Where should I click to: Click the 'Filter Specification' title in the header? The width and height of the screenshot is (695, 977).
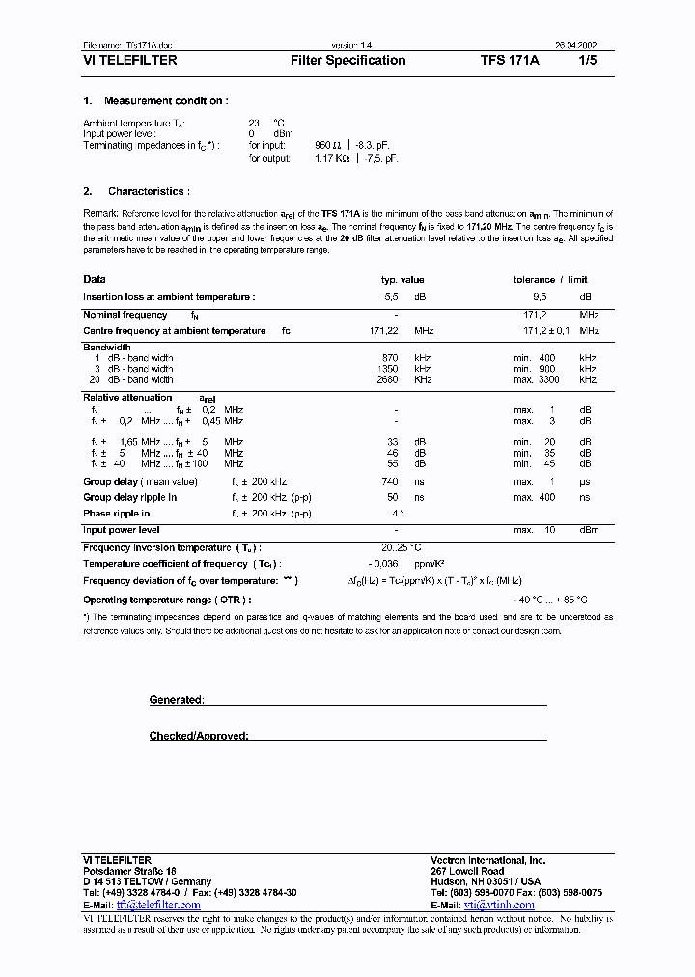point(347,61)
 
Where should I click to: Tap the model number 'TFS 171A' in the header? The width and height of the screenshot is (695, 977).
point(511,61)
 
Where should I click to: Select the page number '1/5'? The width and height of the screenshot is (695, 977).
point(588,61)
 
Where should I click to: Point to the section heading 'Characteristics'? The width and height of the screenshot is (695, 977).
point(149,192)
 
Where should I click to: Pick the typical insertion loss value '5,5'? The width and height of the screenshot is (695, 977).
point(391,297)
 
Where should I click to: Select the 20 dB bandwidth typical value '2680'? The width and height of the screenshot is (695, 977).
point(387,379)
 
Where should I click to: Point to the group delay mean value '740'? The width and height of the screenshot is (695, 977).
point(389,481)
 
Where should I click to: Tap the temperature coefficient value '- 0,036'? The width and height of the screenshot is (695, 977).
point(384,564)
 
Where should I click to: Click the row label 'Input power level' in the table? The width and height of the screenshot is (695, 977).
point(122,530)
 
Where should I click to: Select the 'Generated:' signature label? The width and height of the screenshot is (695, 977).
point(176,700)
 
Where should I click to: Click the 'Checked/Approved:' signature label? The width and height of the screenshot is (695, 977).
point(199,736)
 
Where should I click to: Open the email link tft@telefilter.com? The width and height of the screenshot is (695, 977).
point(157,905)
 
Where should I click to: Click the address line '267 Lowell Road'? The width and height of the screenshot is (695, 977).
point(467,871)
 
